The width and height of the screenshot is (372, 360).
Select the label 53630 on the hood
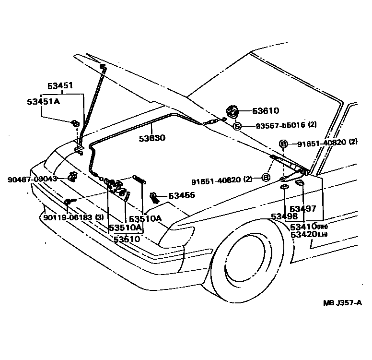pos(152,138)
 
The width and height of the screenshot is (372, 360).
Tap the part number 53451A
pos(43,102)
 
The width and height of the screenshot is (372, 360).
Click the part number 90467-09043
pos(32,179)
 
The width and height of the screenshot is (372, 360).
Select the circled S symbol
pos(237,126)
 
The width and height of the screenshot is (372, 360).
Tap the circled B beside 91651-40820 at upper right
pos(283,143)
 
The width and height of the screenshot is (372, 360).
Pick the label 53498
pos(284,216)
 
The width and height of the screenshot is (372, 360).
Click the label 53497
pos(303,208)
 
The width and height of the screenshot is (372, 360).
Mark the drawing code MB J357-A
pos(342,303)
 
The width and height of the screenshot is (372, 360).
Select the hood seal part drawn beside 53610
pos(232,112)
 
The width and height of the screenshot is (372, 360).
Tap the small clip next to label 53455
pos(154,196)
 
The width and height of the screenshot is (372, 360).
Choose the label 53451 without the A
pos(60,86)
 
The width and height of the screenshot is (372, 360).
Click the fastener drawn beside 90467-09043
pos(73,177)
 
